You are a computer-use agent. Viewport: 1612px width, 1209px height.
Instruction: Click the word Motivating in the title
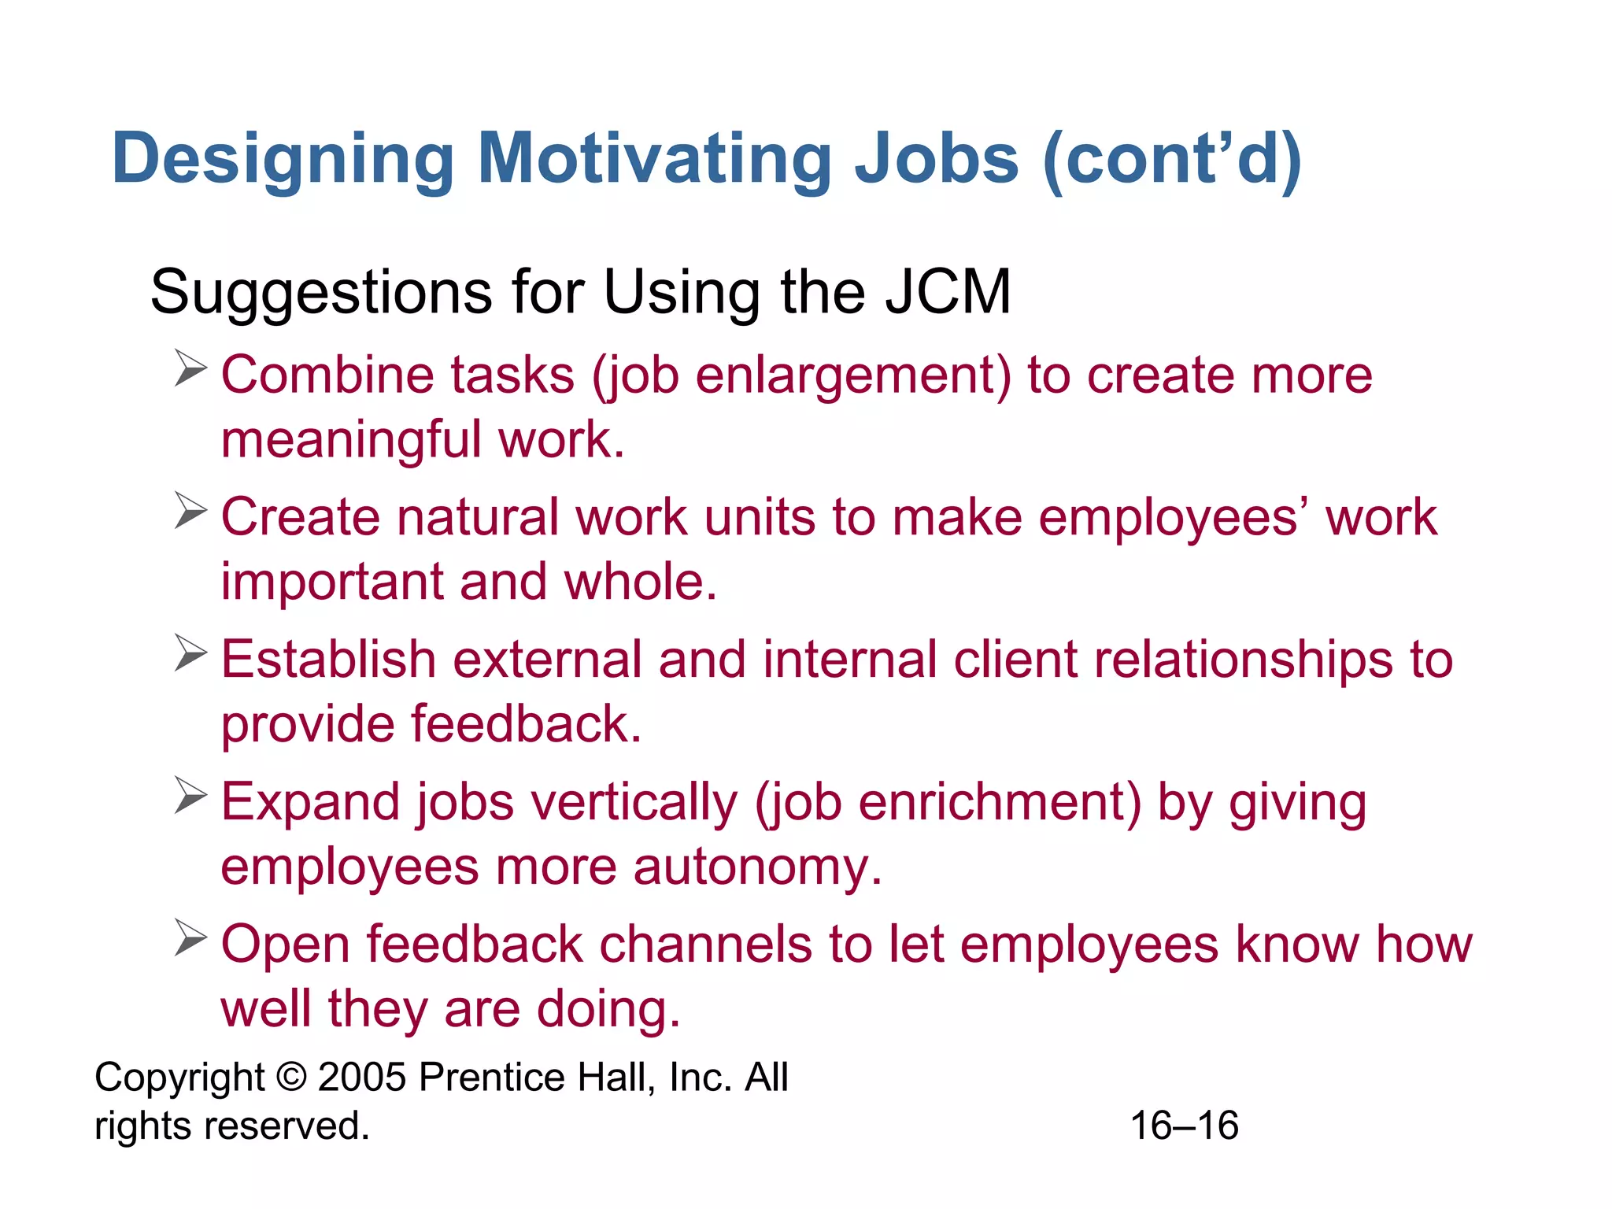pyautogui.click(x=655, y=159)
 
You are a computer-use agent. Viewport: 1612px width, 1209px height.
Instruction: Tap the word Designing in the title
pyautogui.click(x=283, y=159)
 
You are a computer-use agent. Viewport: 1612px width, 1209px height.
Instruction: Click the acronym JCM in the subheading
pyautogui.click(x=948, y=292)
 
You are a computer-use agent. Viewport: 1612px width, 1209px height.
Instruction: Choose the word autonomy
pyautogui.click(x=757, y=867)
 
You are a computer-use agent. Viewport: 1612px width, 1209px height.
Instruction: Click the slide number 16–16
pyautogui.click(x=1184, y=1126)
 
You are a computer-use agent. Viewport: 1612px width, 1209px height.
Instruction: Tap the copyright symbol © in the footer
pyautogui.click(x=291, y=1077)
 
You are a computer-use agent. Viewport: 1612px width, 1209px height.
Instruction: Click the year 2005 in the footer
pyautogui.click(x=362, y=1077)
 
